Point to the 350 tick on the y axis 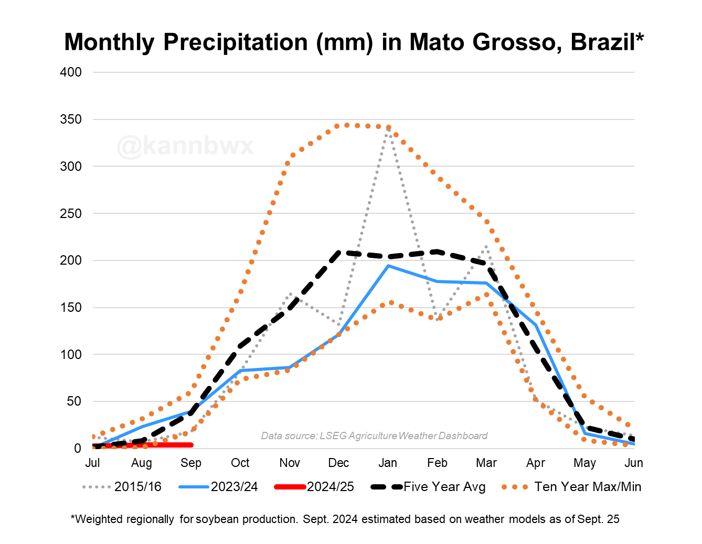[x=71, y=119]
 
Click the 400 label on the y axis [x=71, y=72]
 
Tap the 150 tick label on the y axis [x=71, y=308]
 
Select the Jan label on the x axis [x=388, y=463]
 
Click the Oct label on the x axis [x=240, y=463]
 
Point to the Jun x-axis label [x=634, y=463]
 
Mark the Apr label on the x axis [x=536, y=463]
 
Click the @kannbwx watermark [x=185, y=146]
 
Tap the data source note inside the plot [x=374, y=436]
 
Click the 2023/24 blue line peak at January [x=388, y=266]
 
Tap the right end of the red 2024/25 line [x=192, y=445]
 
